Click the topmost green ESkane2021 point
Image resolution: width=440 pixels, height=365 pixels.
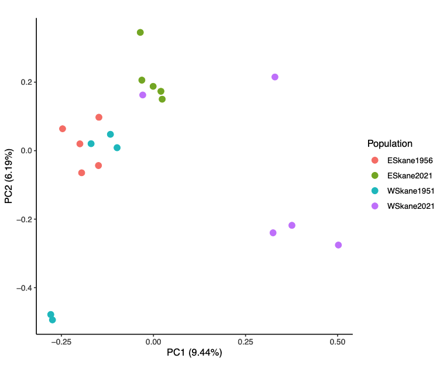(140, 32)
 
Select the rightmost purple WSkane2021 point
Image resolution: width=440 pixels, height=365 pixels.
(338, 245)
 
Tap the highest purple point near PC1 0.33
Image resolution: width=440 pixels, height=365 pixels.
(275, 77)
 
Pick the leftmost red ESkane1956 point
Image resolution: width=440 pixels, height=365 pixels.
(63, 129)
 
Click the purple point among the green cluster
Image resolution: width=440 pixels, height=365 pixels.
(143, 95)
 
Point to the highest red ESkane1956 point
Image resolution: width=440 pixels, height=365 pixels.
(99, 118)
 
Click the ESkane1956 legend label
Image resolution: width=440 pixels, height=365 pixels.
(410, 160)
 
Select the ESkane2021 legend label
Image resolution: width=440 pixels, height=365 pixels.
(410, 175)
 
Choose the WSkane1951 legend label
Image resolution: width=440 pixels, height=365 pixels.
(410, 190)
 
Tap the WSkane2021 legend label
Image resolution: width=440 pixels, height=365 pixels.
(410, 205)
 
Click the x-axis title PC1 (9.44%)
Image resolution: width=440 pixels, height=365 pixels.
(194, 353)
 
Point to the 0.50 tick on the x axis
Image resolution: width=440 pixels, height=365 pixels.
(338, 341)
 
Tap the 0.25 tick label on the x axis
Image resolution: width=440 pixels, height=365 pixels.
(246, 341)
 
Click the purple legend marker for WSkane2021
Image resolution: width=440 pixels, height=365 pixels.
(375, 205)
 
